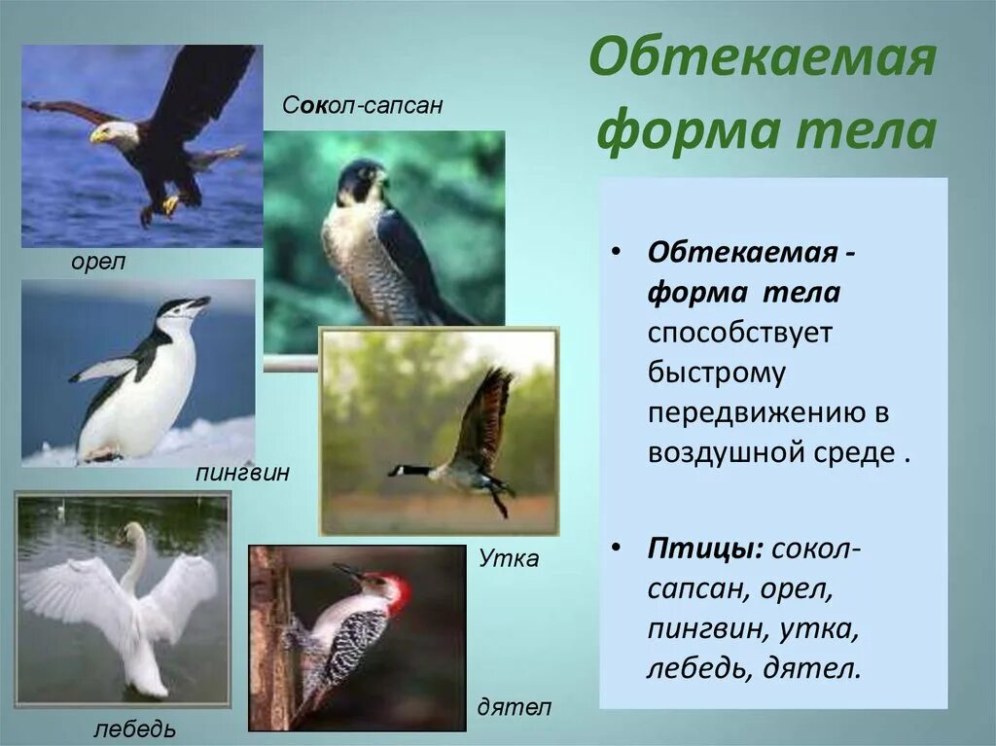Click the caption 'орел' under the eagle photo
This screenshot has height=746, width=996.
coord(98,263)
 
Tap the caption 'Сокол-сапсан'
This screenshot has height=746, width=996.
coord(363,105)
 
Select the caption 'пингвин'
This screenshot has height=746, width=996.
coord(242,475)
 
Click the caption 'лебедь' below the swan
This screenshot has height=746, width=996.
coord(135,728)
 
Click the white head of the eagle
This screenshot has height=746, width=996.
coord(114,132)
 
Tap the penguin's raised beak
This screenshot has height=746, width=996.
coord(198,302)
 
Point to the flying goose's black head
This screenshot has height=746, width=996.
coord(400,471)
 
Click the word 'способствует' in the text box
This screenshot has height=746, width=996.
coord(741,332)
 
